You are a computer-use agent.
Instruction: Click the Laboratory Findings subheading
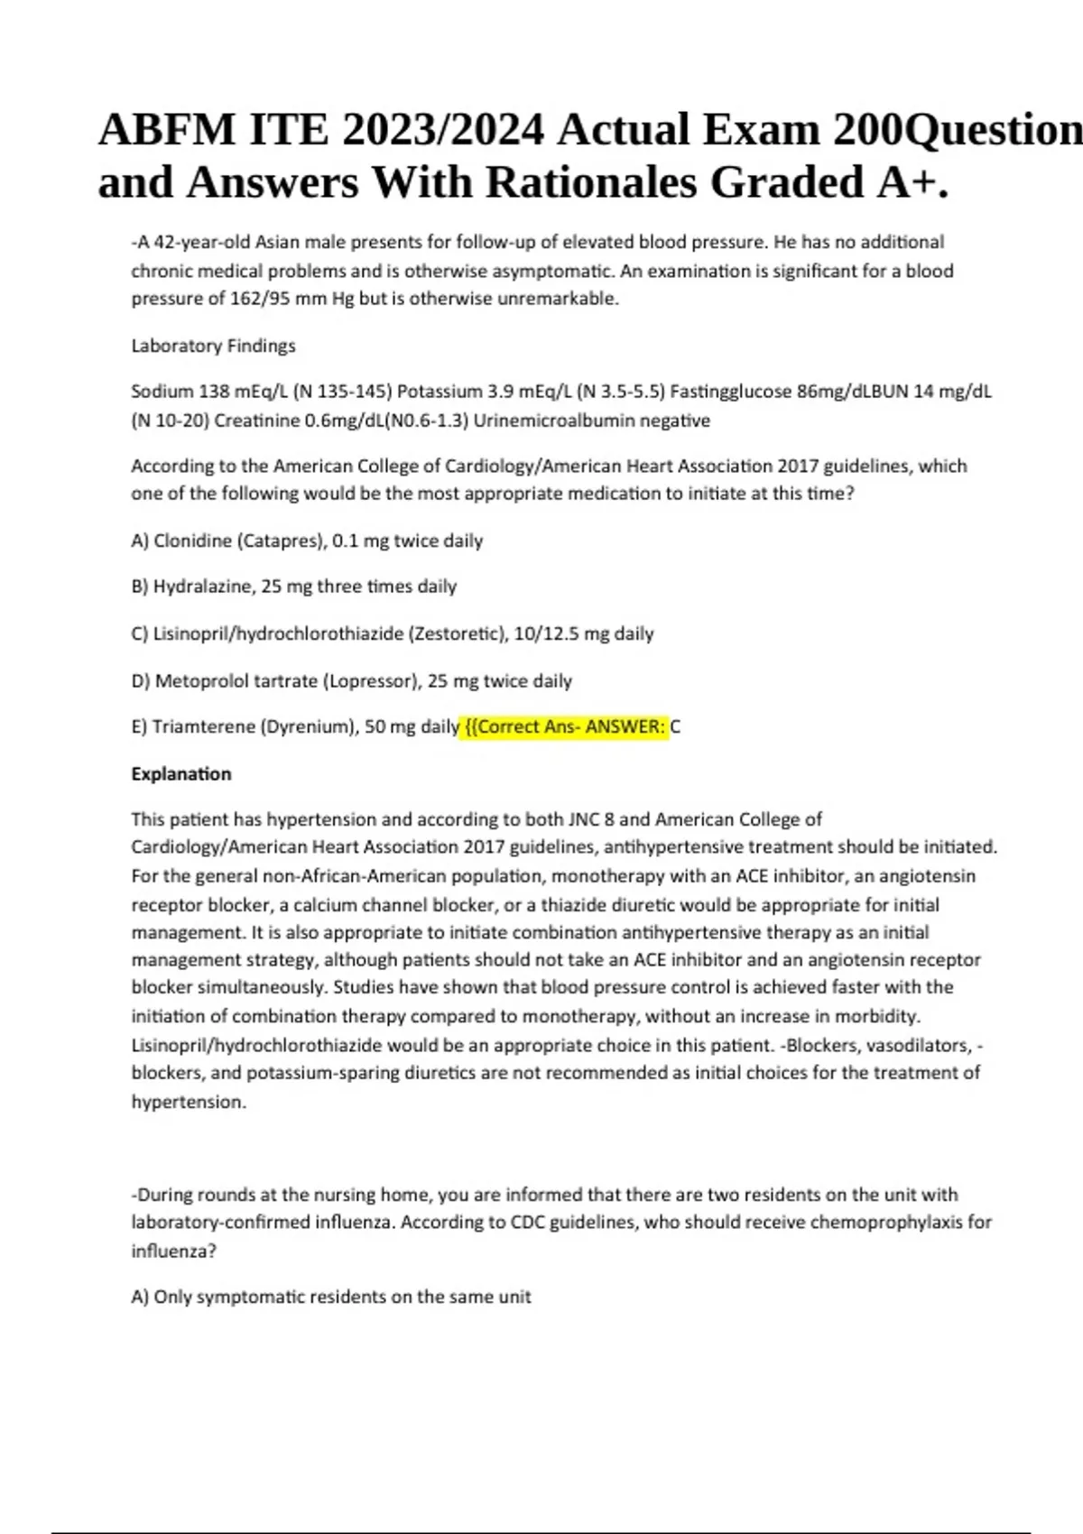click(213, 346)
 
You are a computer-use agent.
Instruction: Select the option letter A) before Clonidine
click(140, 541)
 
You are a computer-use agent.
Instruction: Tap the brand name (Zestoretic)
click(458, 634)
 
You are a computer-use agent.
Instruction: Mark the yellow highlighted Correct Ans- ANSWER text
click(566, 727)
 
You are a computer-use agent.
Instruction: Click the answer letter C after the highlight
click(676, 727)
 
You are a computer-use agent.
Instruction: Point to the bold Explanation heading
click(181, 774)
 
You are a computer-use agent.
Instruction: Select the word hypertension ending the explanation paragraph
click(188, 1102)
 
